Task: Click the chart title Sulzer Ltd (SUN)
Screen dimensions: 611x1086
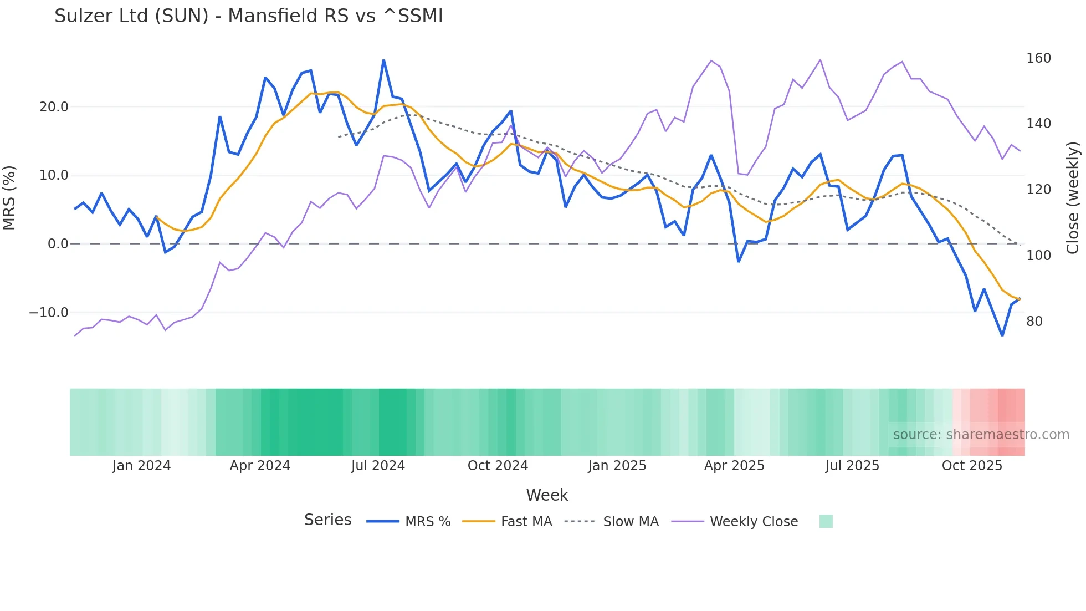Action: (248, 16)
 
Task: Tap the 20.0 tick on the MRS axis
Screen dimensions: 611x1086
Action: (54, 106)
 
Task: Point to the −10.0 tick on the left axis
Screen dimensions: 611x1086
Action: (49, 313)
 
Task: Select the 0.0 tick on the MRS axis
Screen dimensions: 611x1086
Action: (58, 244)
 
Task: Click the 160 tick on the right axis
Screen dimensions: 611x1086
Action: (1038, 58)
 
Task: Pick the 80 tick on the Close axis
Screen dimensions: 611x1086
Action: (1034, 322)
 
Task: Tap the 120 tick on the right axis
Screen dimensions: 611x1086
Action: (1038, 190)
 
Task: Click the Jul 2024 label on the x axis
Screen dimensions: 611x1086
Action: (378, 466)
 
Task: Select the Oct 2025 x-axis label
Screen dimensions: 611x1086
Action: (972, 466)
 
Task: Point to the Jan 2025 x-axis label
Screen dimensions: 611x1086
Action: (617, 466)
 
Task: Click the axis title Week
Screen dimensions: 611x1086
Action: (547, 495)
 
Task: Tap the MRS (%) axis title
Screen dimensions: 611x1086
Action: (9, 198)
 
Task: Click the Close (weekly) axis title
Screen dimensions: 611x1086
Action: (1073, 198)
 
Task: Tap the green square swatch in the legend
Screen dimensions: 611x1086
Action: (826, 521)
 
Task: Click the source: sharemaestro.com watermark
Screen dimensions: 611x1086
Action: (981, 435)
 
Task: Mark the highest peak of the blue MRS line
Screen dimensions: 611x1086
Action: (383, 60)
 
